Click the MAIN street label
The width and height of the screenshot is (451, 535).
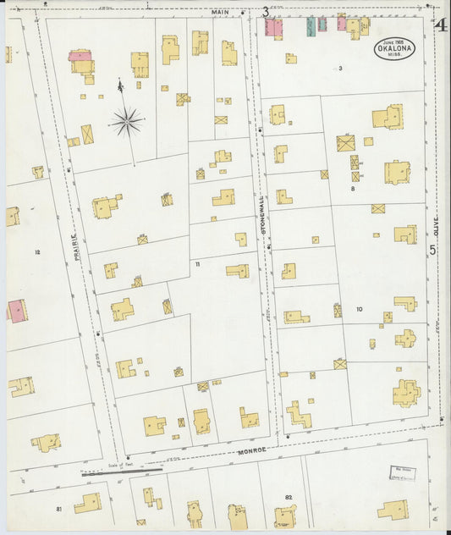tap(219, 12)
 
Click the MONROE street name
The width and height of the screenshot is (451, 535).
tap(255, 451)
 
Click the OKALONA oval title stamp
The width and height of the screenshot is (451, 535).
tap(394, 49)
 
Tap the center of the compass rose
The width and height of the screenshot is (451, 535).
tap(126, 124)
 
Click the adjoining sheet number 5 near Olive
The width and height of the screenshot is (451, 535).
tap(432, 250)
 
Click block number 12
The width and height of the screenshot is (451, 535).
tap(37, 252)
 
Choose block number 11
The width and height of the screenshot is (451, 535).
tap(197, 264)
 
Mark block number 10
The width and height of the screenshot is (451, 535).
tap(359, 309)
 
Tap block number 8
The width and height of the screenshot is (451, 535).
tap(352, 189)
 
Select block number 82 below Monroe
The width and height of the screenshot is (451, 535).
tap(289, 496)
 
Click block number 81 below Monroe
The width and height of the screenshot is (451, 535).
tap(59, 508)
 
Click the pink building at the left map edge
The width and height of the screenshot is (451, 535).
tap(16, 311)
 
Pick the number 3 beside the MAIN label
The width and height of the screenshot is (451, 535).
tap(266, 12)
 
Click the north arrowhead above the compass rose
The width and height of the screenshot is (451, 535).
tap(120, 85)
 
